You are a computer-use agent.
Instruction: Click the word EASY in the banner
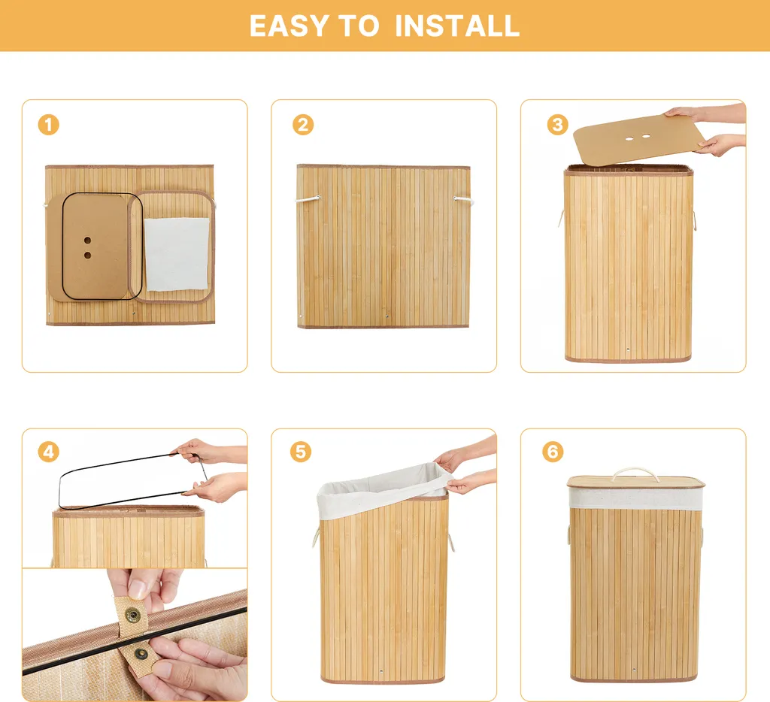pos(289,26)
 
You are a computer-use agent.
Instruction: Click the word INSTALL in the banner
pos(456,26)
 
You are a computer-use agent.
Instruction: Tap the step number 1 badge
pos(49,125)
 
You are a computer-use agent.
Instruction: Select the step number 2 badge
pos(303,125)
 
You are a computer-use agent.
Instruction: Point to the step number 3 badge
pos(557,125)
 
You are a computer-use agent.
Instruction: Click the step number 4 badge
pos(49,452)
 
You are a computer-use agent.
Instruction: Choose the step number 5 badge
pos(301,452)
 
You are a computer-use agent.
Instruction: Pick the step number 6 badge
pos(553,452)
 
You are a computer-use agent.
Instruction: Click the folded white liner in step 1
pos(177,254)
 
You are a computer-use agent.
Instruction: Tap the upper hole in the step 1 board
pos(87,241)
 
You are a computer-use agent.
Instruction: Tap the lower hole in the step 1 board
pos(87,256)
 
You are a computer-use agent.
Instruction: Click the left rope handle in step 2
pos(308,199)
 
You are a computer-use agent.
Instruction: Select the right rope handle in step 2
pos(463,200)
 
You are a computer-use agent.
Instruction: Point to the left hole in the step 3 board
pos(629,139)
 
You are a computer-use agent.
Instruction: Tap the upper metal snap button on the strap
pos(132,614)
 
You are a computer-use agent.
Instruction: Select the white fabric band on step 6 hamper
pos(636,498)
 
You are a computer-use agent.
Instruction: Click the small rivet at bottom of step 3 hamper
pos(628,349)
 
